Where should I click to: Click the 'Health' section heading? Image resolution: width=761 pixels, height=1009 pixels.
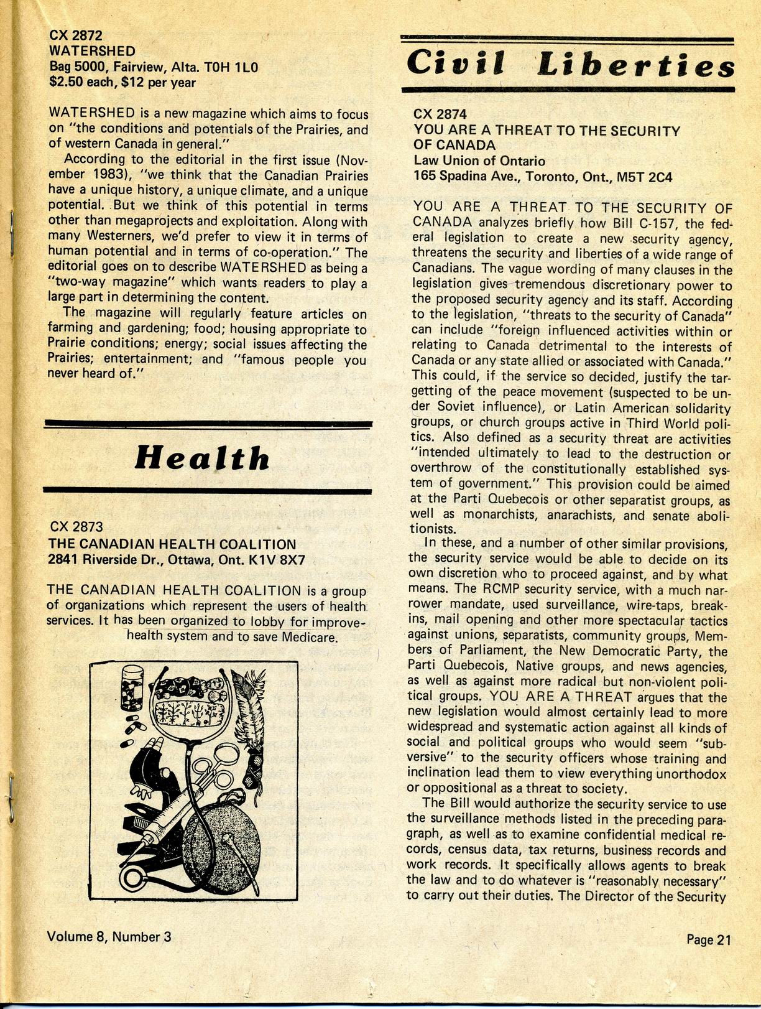click(x=203, y=458)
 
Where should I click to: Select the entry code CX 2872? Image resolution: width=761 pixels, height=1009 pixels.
click(x=75, y=35)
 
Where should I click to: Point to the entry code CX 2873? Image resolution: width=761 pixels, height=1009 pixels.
click(x=75, y=528)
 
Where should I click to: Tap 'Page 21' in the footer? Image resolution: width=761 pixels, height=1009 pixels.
click(x=709, y=939)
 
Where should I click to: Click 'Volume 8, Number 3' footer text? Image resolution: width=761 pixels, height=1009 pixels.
click(x=109, y=936)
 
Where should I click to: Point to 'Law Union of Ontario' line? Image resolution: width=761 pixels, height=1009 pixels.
click(x=479, y=161)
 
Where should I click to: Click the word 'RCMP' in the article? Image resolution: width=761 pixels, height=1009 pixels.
click(x=504, y=589)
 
